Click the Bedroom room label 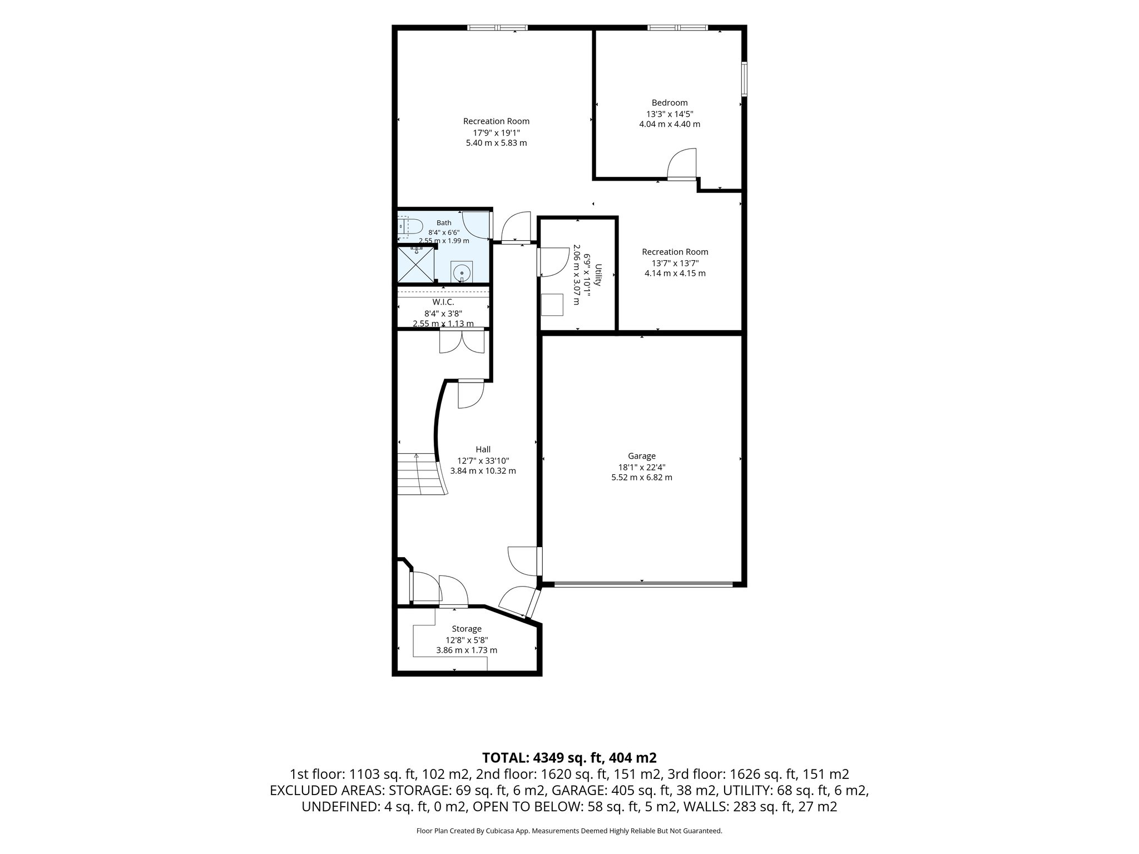pyautogui.click(x=670, y=103)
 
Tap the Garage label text pyautogui.click(x=642, y=456)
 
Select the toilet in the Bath pyautogui.click(x=411, y=227)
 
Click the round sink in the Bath pyautogui.click(x=462, y=273)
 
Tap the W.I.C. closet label pyautogui.click(x=443, y=302)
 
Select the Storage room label pyautogui.click(x=467, y=629)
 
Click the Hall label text pyautogui.click(x=483, y=449)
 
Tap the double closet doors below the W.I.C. pyautogui.click(x=462, y=341)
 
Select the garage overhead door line pyautogui.click(x=643, y=584)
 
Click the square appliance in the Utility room pyautogui.click(x=552, y=305)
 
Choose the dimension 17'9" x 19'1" pyautogui.click(x=496, y=132)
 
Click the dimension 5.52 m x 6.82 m pyautogui.click(x=642, y=477)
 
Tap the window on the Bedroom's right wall pyautogui.click(x=744, y=80)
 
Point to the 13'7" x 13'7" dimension pyautogui.click(x=675, y=263)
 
